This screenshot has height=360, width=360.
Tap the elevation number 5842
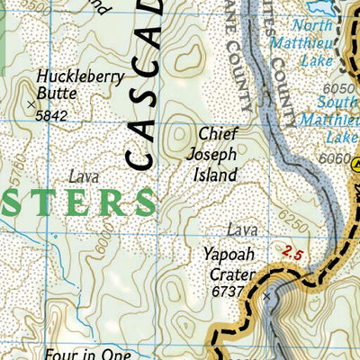coord(51,115)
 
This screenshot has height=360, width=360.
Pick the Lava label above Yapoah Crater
coord(242,230)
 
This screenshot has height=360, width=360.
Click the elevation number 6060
coord(332,158)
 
